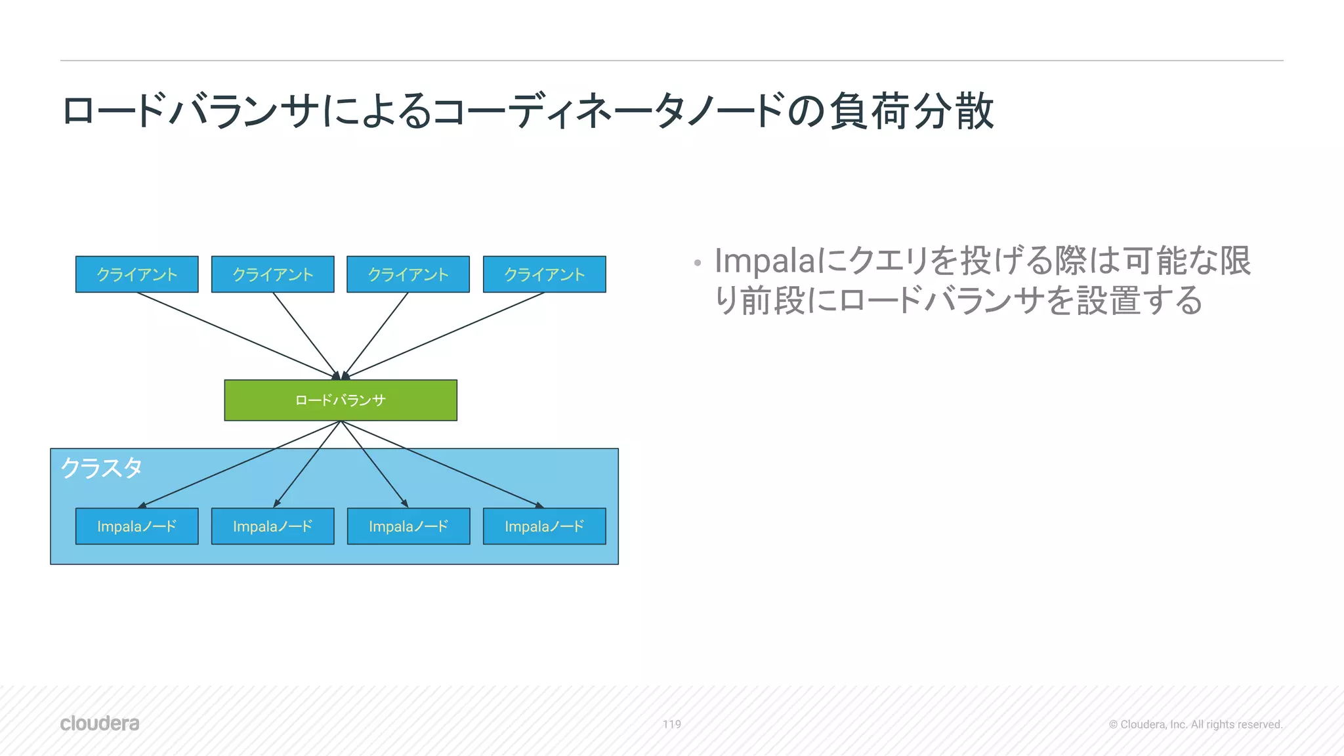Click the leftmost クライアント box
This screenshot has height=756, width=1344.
(x=136, y=274)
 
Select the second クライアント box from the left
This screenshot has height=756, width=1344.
(x=272, y=274)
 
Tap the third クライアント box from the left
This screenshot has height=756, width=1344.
(x=408, y=274)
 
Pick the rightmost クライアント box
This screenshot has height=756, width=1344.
(x=544, y=274)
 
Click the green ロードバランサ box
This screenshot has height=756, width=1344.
(x=340, y=400)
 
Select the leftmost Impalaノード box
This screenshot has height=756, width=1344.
(x=136, y=526)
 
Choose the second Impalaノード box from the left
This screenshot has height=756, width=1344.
(x=272, y=526)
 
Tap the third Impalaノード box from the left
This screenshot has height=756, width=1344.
(x=408, y=526)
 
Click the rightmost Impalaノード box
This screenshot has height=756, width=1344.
(x=544, y=526)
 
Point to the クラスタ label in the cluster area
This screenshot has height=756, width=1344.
(x=102, y=469)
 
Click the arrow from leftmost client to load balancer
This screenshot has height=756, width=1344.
(x=236, y=335)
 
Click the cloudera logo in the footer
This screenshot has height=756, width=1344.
(x=100, y=723)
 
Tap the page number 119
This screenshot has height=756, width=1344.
(x=671, y=724)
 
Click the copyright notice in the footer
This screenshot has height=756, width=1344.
(x=1195, y=724)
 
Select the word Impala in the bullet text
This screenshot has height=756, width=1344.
(x=764, y=261)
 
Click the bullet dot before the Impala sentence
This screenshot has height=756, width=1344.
(x=697, y=264)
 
